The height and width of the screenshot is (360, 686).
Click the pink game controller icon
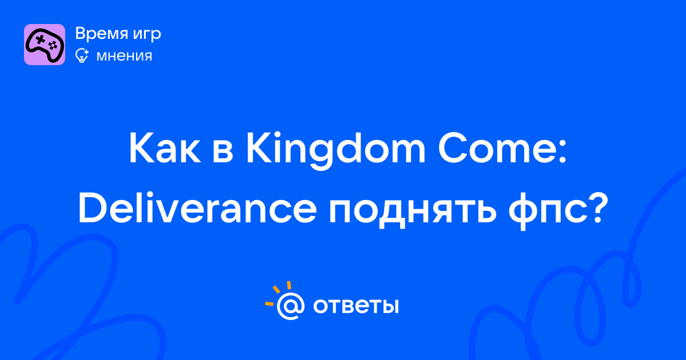(45, 45)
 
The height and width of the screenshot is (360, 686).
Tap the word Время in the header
(101, 33)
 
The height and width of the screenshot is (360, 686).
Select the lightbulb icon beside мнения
(82, 56)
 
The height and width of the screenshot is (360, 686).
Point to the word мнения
(124, 57)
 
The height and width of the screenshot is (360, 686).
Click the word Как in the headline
(165, 149)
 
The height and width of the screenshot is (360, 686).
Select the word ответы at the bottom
(356, 306)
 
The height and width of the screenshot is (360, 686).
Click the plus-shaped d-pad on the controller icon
(40, 39)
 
